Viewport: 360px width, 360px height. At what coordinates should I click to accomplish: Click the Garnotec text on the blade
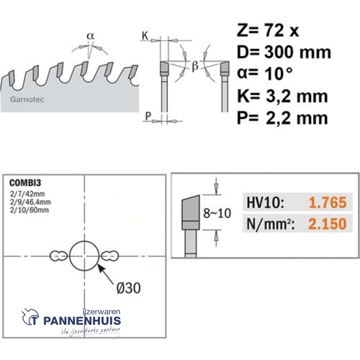[x=27, y=100]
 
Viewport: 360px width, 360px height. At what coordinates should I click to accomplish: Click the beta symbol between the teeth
[x=195, y=66]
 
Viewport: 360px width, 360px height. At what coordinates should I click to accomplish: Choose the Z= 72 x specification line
[x=268, y=31]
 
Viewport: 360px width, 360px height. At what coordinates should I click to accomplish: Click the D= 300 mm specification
[x=284, y=52]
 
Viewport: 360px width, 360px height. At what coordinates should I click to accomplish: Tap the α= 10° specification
[x=265, y=74]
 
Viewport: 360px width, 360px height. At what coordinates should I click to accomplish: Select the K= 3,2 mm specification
[x=282, y=96]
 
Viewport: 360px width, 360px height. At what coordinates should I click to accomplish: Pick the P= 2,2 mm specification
[x=282, y=118]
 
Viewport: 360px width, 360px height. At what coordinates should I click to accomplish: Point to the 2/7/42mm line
[x=27, y=193]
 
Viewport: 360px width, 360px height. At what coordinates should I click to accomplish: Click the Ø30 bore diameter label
[x=128, y=288]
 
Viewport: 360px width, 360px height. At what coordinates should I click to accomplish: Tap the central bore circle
[x=84, y=256]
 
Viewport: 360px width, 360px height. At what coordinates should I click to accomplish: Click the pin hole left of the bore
[x=58, y=256]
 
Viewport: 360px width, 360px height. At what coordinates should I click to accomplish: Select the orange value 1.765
[x=327, y=203]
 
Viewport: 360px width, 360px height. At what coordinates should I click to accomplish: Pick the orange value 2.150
[x=327, y=224]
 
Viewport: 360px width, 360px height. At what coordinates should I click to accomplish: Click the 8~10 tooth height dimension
[x=217, y=213]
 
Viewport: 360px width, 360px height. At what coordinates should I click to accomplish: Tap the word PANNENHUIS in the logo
[x=82, y=321]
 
